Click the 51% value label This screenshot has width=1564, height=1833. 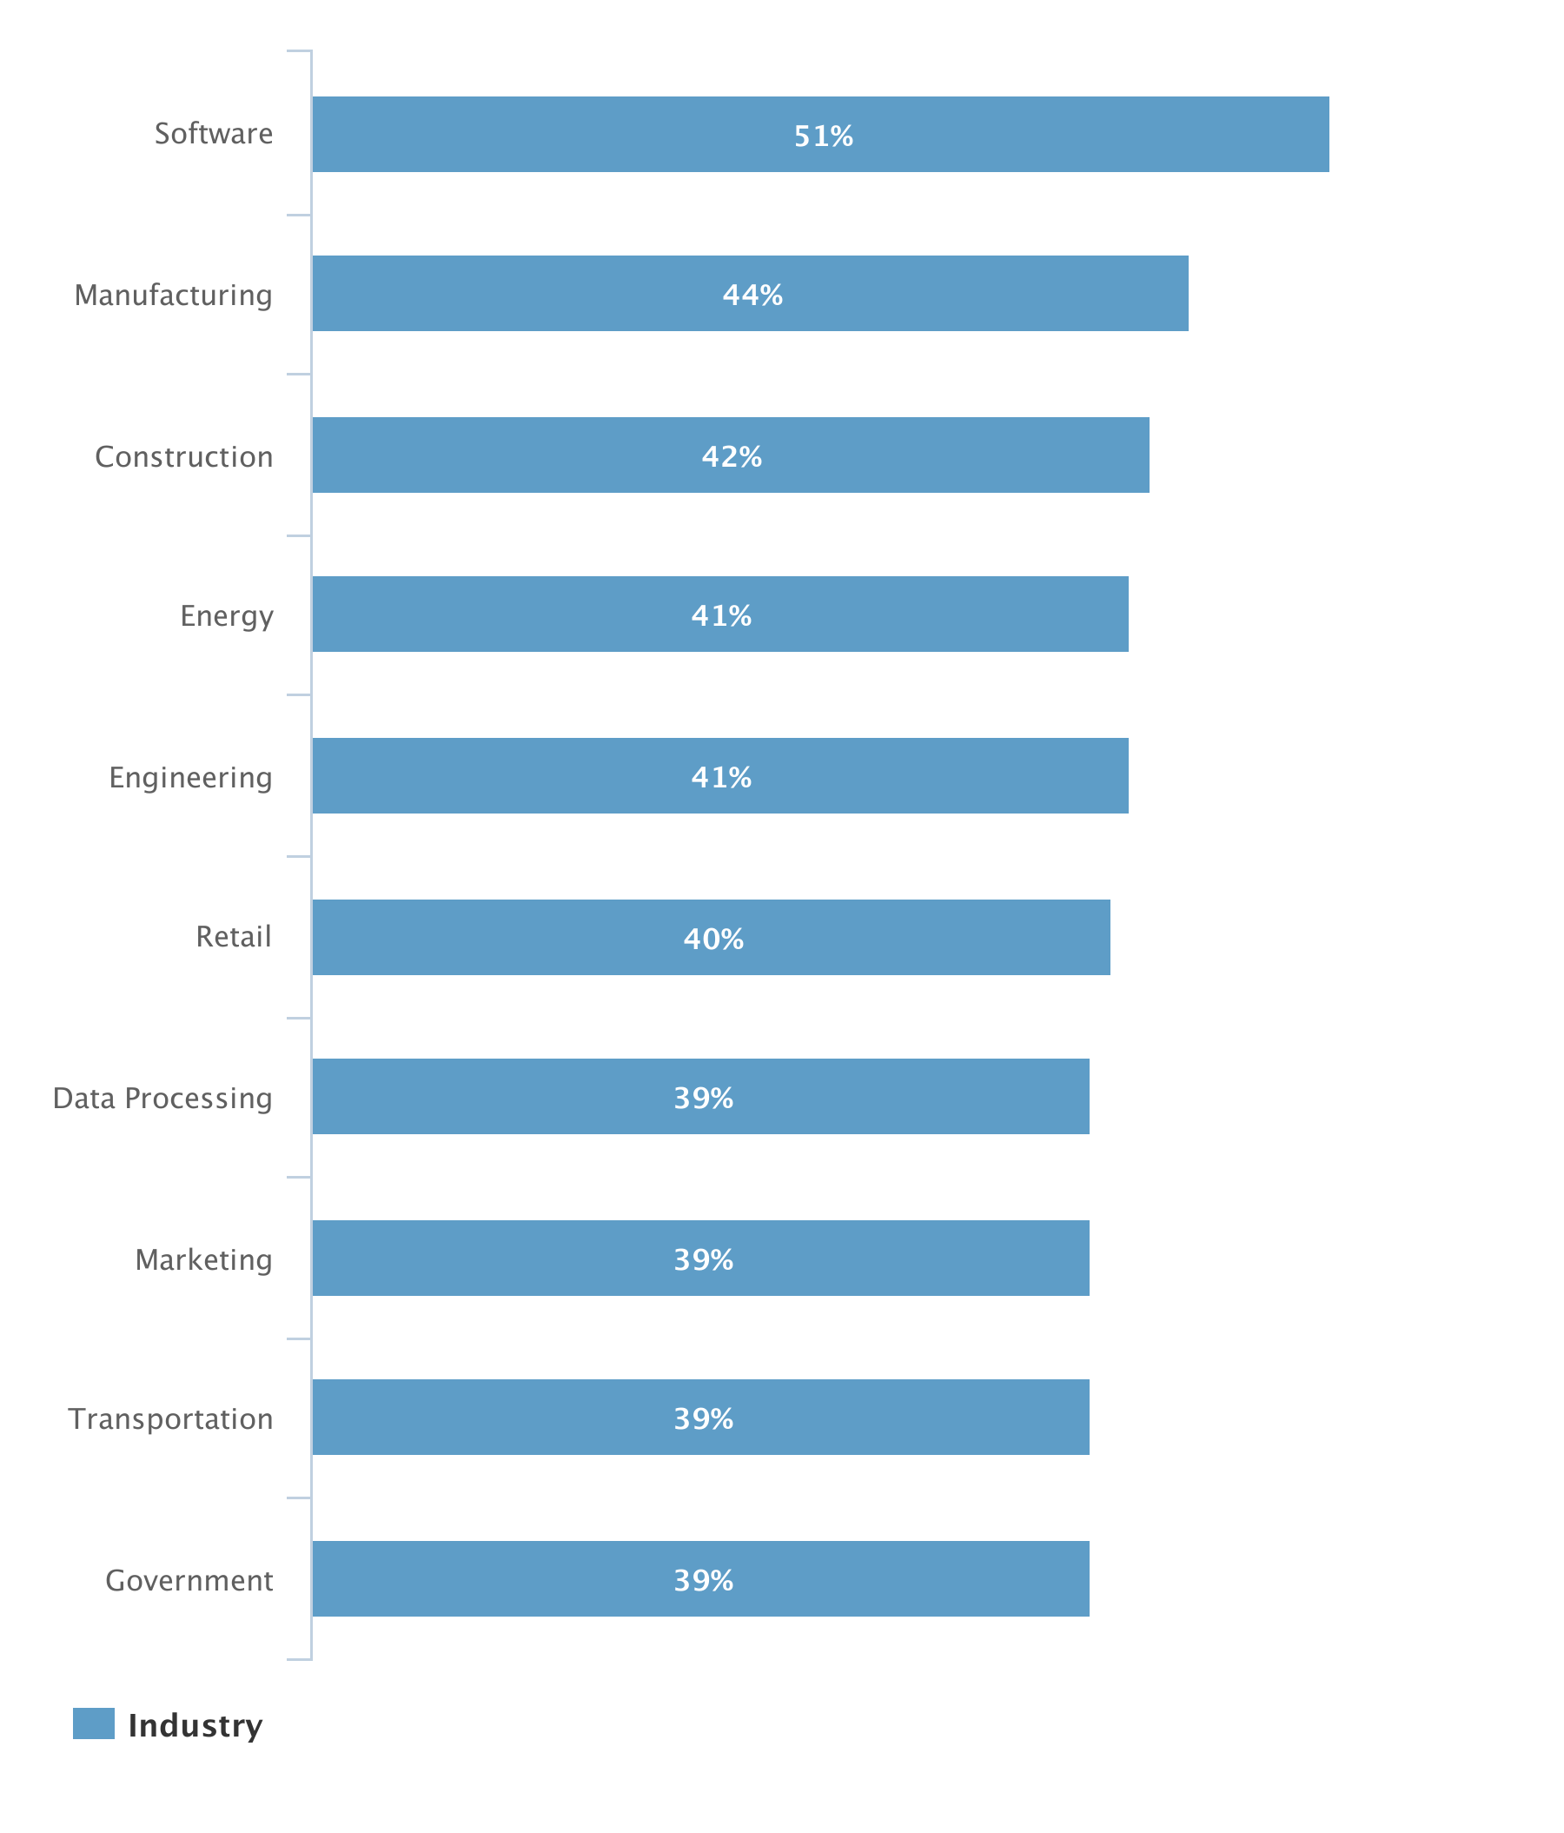tap(823, 136)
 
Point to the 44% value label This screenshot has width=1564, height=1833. tap(752, 295)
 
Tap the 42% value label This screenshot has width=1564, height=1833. tap(732, 456)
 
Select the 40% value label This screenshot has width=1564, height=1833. tap(713, 939)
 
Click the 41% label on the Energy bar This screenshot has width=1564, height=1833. tap(721, 614)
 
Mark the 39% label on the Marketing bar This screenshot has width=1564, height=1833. tap(703, 1259)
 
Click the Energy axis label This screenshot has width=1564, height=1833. tap(227, 615)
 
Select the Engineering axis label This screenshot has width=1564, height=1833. tap(190, 777)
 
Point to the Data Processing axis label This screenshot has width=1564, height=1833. tap(162, 1098)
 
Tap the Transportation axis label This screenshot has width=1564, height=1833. tap(170, 1418)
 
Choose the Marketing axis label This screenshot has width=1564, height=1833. tap(203, 1259)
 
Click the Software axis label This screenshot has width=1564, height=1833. tap(213, 134)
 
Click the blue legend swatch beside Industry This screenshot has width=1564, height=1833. tap(94, 1724)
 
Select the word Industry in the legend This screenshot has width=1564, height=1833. tap(195, 1726)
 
